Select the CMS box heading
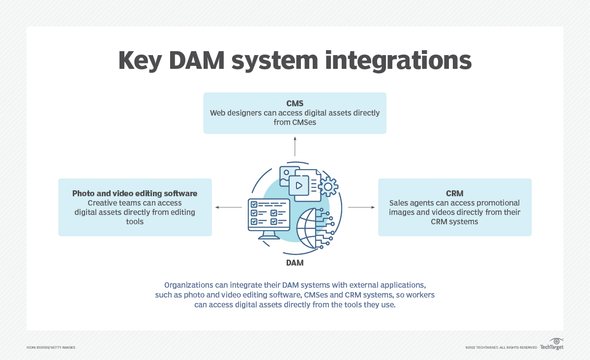coord(295,103)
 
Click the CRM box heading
coord(455,193)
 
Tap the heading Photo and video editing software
coord(135,193)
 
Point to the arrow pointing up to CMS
coord(295,146)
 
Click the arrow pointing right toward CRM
coord(361,207)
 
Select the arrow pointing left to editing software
coord(229,207)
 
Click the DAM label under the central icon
coord(295,263)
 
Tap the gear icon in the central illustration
coord(328,186)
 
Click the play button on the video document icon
coord(298,185)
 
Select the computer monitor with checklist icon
coord(268,218)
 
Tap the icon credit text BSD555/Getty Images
coord(51,348)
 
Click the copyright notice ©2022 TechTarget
coord(501,348)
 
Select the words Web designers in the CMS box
coord(233,113)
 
